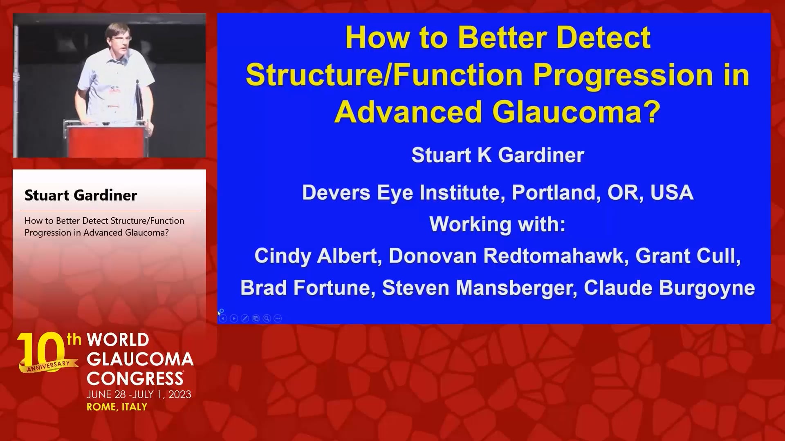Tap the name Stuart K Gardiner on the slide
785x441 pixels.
click(x=498, y=155)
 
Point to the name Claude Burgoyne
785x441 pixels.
click(x=669, y=288)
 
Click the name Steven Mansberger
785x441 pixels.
click(x=479, y=288)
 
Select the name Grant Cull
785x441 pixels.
click(x=687, y=256)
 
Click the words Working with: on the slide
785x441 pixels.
click(x=498, y=224)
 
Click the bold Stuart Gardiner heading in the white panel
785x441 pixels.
click(x=81, y=195)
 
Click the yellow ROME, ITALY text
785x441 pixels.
click(x=117, y=407)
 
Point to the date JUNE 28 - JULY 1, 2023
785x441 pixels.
click(x=139, y=394)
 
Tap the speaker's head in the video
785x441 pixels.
click(x=118, y=40)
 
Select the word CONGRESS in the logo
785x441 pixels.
click(x=135, y=378)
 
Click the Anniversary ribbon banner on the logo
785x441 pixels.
click(x=48, y=366)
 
